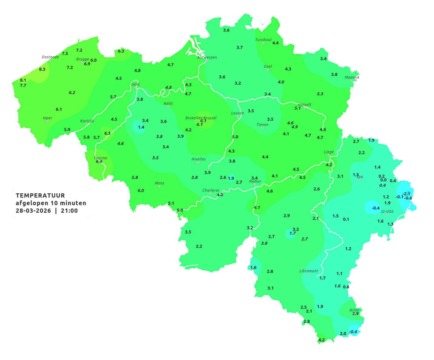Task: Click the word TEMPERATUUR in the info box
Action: [40, 195]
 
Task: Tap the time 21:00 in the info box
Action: [69, 211]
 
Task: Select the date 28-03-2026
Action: [33, 211]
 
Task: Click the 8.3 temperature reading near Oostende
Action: [42, 69]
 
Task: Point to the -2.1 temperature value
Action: [406, 194]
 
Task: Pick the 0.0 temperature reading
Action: [383, 180]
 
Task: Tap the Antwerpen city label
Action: [207, 57]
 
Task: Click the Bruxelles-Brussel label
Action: [201, 118]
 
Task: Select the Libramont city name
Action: [309, 271]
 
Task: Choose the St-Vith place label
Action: [387, 212]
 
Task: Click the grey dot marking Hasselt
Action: [304, 108]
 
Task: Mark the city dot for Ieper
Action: [47, 121]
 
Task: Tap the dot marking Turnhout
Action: [263, 43]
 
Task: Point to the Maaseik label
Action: [352, 77]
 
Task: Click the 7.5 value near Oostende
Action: [65, 54]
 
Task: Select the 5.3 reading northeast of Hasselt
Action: [320, 94]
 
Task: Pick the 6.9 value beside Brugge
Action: [87, 64]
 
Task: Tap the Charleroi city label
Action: [211, 190]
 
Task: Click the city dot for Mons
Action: [159, 186]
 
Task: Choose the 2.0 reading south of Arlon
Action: [343, 334]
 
